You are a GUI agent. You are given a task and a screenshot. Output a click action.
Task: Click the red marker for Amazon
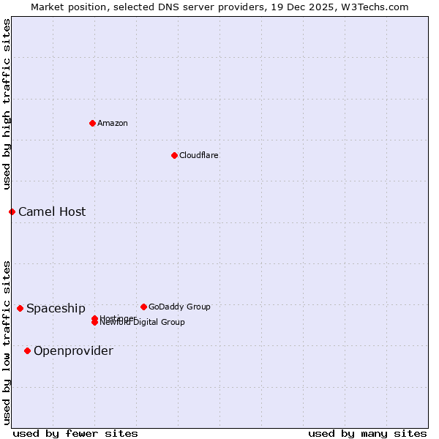pyautogui.click(x=92, y=123)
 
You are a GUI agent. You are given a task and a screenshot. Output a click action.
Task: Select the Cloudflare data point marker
pyautogui.click(x=174, y=155)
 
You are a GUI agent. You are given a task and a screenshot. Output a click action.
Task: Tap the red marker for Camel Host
pyautogui.click(x=12, y=211)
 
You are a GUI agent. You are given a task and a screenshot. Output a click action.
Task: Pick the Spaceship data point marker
pyautogui.click(x=20, y=308)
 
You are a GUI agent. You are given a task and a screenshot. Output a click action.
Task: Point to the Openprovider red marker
pyautogui.click(x=27, y=350)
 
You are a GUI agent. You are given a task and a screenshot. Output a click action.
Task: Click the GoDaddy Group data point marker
pyautogui.click(x=143, y=307)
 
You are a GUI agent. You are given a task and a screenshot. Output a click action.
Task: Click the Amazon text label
pyautogui.click(x=113, y=123)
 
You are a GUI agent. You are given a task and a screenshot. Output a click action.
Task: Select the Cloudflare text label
pyautogui.click(x=199, y=155)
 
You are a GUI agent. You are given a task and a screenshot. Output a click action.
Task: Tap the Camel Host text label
pyautogui.click(x=52, y=211)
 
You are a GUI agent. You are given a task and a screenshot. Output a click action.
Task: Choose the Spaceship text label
pyautogui.click(x=56, y=308)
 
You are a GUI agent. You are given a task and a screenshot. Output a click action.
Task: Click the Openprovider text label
pyautogui.click(x=73, y=350)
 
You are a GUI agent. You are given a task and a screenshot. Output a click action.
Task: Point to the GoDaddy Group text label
pyautogui.click(x=179, y=307)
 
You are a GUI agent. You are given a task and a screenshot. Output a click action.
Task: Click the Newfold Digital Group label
pyautogui.click(x=143, y=323)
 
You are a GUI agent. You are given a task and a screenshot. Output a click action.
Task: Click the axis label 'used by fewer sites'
pyautogui.click(x=75, y=433)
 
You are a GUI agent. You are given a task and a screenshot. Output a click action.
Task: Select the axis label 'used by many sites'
pyautogui.click(x=367, y=433)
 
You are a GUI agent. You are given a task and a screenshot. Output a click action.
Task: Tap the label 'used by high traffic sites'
pyautogui.click(x=7, y=104)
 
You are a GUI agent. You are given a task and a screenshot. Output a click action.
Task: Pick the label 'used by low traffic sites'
pyautogui.click(x=7, y=342)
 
